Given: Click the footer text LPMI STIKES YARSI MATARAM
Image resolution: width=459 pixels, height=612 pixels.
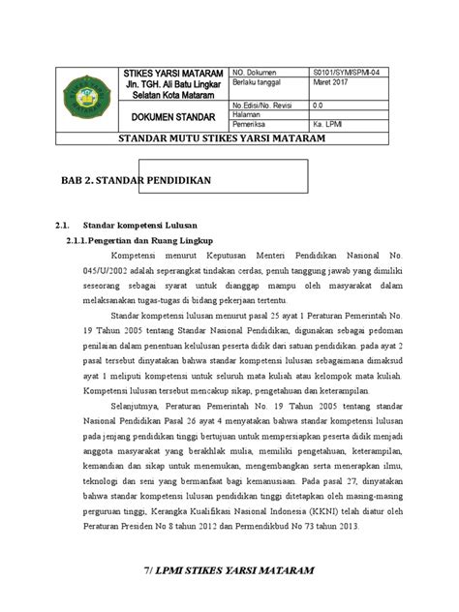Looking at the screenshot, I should click(x=234, y=576).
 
